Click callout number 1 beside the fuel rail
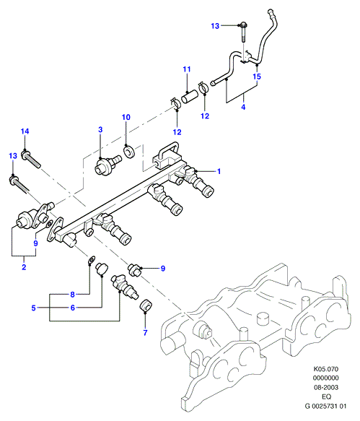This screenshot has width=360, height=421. click(x=219, y=171)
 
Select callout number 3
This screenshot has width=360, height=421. click(x=100, y=130)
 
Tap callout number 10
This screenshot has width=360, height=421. click(x=126, y=117)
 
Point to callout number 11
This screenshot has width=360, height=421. click(x=187, y=69)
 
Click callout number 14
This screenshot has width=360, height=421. click(x=25, y=131)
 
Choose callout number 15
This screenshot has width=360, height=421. click(x=257, y=77)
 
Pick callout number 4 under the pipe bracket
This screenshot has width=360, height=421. click(x=243, y=107)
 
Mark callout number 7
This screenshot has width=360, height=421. click(x=145, y=333)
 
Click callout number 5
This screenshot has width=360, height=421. click(x=33, y=308)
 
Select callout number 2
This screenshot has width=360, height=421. click(x=24, y=267)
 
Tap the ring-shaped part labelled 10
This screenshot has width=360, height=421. click(x=129, y=152)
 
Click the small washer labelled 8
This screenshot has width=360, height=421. click(x=92, y=260)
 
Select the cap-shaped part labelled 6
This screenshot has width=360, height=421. click(x=102, y=269)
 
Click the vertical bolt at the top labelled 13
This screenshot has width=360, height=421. click(x=244, y=32)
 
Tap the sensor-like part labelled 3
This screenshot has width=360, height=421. click(x=108, y=165)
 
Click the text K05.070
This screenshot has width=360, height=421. click(x=326, y=369)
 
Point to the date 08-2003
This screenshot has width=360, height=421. click(x=326, y=387)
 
